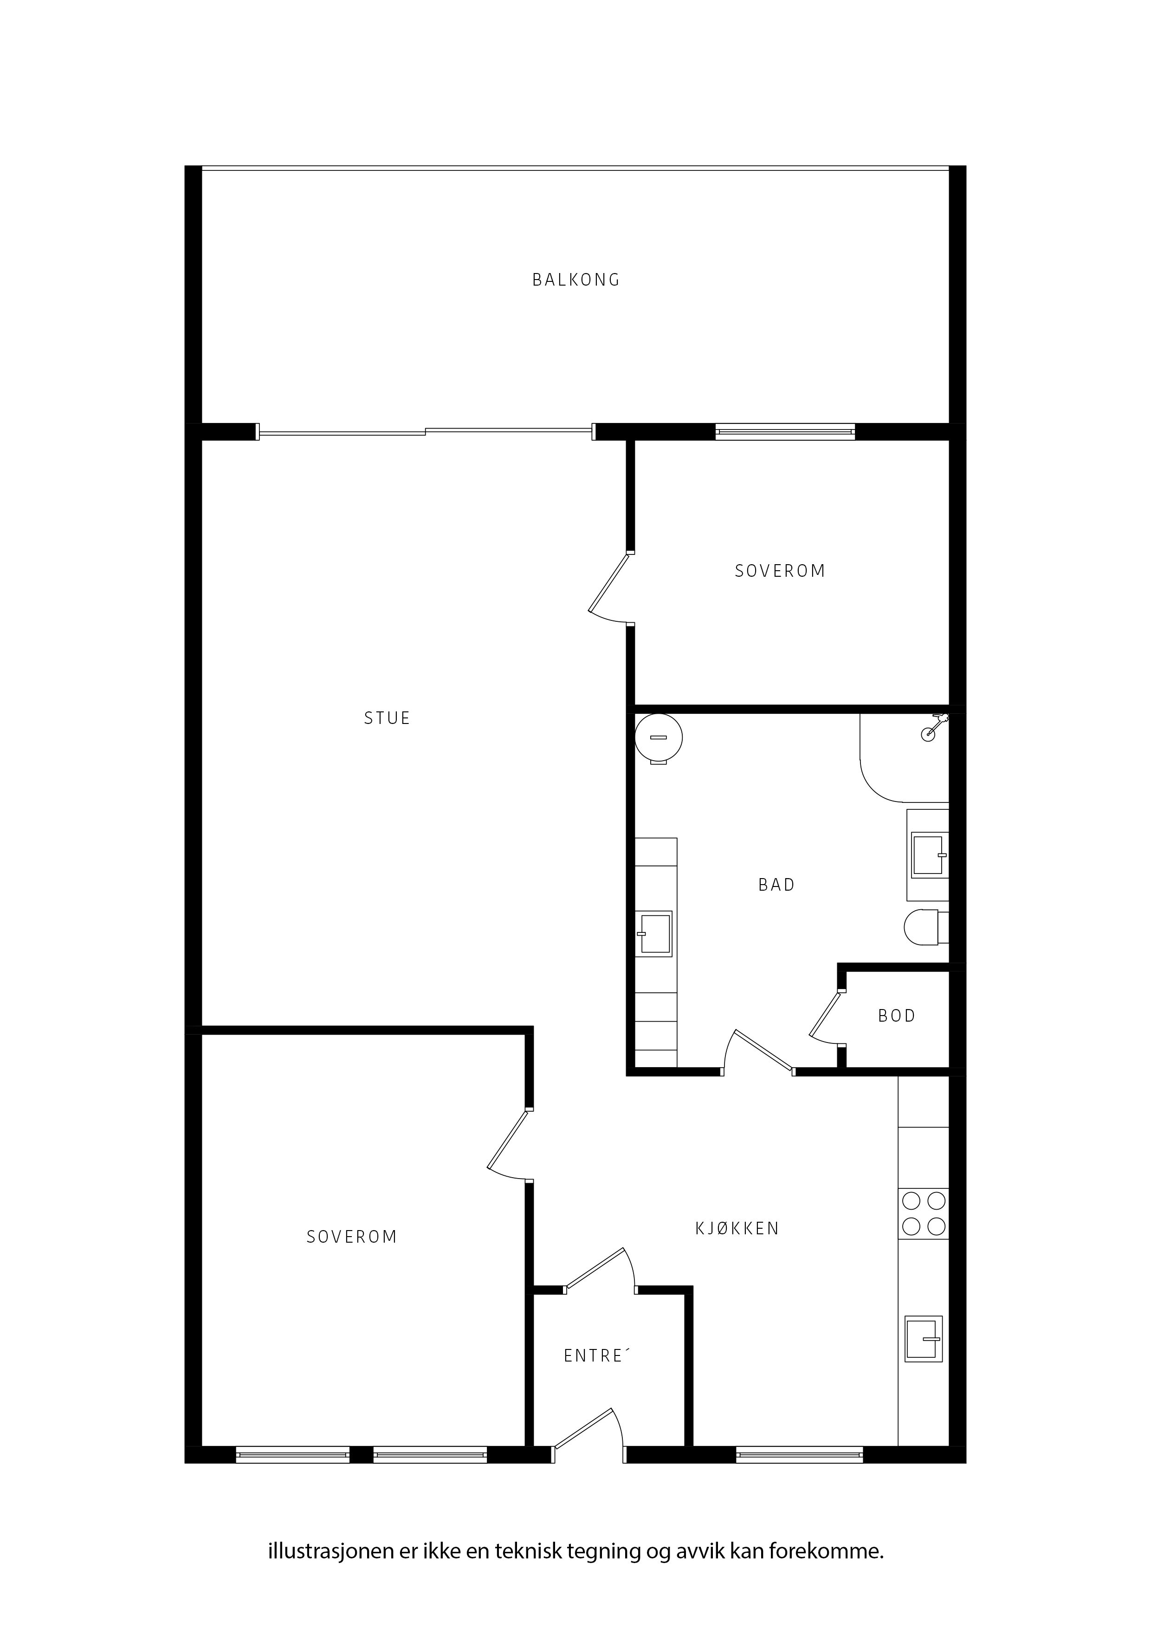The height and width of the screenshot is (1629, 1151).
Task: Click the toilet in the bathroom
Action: click(926, 927)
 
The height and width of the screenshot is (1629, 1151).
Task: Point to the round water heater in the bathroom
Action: click(659, 739)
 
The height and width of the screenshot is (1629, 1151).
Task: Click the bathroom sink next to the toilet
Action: click(928, 855)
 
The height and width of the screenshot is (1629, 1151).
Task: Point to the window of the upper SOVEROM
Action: click(785, 431)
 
